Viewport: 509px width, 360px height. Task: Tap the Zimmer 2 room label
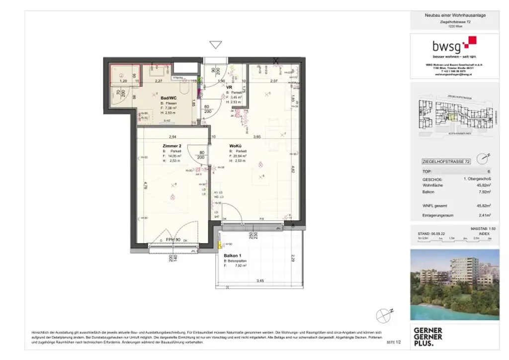(171, 146)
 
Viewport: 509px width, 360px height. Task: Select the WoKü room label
(235, 146)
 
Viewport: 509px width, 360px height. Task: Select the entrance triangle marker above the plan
(215, 45)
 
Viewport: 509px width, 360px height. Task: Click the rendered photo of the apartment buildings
(454, 284)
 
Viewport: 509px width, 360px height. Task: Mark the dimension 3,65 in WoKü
(256, 136)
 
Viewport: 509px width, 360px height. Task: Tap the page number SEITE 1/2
(393, 343)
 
